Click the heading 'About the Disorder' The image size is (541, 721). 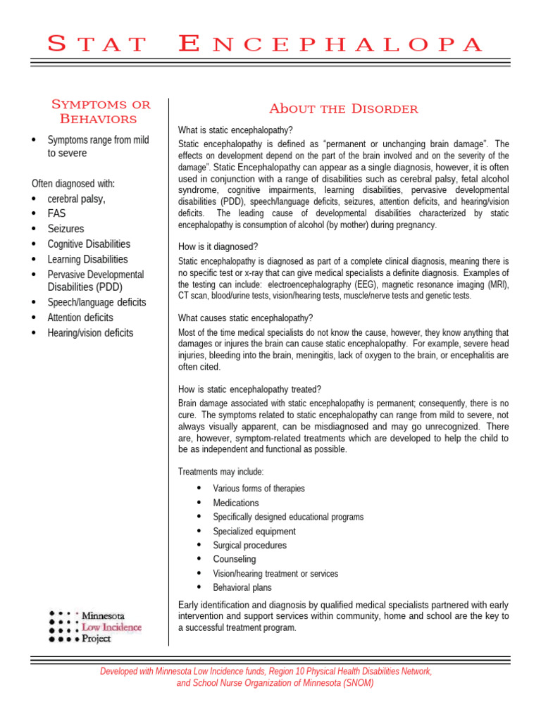pos(343,108)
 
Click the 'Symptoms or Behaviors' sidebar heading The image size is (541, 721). pos(101,111)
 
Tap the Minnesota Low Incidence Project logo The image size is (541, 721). pos(95,626)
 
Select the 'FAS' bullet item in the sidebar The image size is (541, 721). pos(56,213)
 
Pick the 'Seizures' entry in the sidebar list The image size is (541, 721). pos(66,229)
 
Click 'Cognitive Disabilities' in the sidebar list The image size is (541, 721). pos(89,244)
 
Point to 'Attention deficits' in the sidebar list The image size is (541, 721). pos(80,318)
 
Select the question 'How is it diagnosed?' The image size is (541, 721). pos(218,246)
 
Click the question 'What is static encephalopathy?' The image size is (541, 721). pos(235,130)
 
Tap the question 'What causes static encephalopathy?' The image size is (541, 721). pos(246,318)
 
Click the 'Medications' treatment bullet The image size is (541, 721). pos(236,503)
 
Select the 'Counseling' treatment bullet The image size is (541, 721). pos(235,559)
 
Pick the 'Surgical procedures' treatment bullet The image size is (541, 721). pos(249,545)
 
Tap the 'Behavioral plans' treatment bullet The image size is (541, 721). pos(242,587)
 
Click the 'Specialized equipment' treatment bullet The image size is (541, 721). pos(254,531)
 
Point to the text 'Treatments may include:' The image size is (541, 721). pos(220,472)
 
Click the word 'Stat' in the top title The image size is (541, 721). pos(97,44)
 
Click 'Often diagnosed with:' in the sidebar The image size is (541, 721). pos(73,184)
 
